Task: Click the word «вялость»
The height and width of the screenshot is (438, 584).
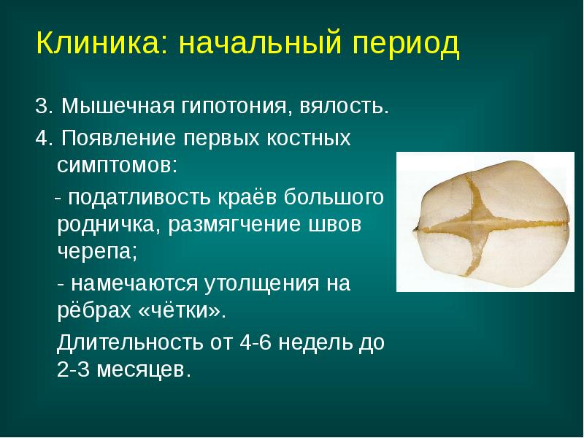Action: (x=346, y=108)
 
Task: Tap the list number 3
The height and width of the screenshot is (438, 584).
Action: (x=41, y=108)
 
